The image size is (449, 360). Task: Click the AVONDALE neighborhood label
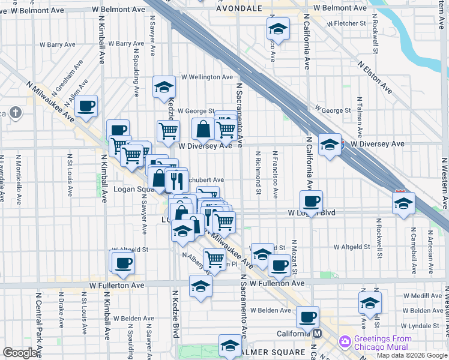(x=238, y=9)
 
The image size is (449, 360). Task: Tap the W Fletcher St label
(x=346, y=23)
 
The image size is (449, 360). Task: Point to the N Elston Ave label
(x=375, y=77)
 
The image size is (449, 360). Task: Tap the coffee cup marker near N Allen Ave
(x=87, y=106)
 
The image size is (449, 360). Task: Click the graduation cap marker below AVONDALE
(x=278, y=29)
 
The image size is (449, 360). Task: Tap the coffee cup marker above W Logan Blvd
(x=311, y=201)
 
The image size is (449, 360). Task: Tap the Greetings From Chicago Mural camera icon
(x=345, y=341)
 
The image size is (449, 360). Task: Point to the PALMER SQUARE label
(x=273, y=351)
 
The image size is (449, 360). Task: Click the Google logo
(x=20, y=353)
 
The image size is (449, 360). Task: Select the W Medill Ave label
(x=423, y=296)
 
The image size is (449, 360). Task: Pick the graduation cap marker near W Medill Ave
(x=370, y=302)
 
